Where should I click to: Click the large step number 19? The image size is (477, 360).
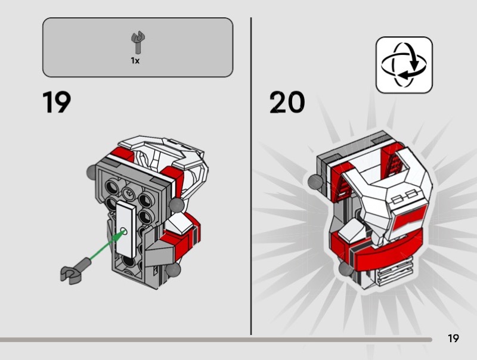pyautogui.click(x=57, y=103)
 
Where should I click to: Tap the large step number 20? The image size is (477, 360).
pyautogui.click(x=287, y=103)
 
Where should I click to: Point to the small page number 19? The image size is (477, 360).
pyautogui.click(x=453, y=339)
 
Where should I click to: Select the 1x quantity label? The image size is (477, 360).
pyautogui.click(x=136, y=60)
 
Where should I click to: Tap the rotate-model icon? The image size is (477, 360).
pyautogui.click(x=404, y=64)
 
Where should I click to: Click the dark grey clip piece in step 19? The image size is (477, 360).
pyautogui.click(x=74, y=269)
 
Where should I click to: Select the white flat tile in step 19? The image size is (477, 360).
pyautogui.click(x=126, y=227)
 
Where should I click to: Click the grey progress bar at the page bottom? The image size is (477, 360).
pyautogui.click(x=215, y=340)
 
